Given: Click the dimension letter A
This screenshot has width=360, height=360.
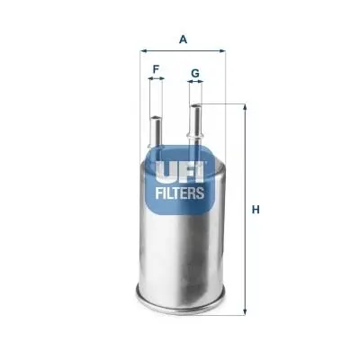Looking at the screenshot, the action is click(183, 40).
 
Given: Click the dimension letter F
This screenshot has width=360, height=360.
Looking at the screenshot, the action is click(156, 69).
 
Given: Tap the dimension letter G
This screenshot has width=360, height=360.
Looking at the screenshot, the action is click(195, 73).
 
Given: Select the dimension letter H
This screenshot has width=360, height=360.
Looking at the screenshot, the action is click(256, 210).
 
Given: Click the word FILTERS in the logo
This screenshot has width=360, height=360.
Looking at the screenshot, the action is click(180, 193).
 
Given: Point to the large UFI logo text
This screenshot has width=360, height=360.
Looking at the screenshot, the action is click(180, 173).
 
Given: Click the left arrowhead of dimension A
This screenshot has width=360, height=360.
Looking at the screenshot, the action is click(143, 51).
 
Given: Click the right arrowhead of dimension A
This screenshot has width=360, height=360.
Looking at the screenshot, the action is click(222, 51).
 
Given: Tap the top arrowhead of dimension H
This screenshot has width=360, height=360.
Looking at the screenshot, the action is click(246, 107).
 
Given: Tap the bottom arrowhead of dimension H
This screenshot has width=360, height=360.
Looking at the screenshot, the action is click(246, 311).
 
